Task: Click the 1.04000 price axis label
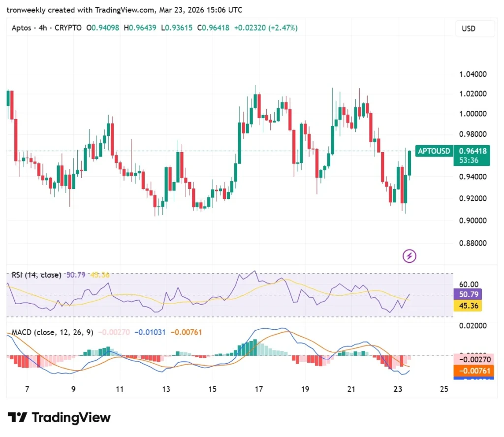pos(472,74)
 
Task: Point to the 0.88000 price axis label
pos(472,243)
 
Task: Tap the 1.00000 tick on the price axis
pos(472,114)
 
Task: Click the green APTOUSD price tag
pos(434,151)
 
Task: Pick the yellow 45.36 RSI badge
pos(468,306)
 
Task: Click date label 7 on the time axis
pos(27,389)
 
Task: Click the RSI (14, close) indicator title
pos(37,275)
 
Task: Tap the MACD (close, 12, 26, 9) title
pos(51,333)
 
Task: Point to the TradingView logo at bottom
pos(59,418)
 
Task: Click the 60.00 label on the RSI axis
pos(468,284)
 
